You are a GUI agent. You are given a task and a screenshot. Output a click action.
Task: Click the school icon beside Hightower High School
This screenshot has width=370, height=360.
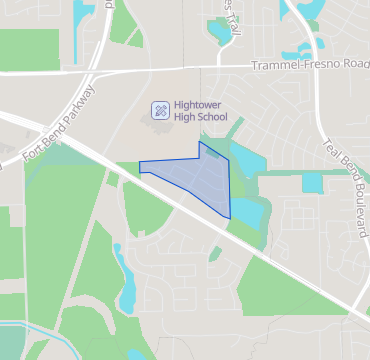(160, 109)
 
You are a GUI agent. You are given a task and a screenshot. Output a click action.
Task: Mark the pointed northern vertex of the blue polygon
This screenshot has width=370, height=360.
(200, 142)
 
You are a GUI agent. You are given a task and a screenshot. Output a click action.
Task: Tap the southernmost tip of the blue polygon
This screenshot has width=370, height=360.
(230, 218)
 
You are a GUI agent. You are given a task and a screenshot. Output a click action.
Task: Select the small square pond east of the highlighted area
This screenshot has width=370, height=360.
(312, 183)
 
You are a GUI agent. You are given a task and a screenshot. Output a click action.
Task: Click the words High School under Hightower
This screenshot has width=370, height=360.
(200, 117)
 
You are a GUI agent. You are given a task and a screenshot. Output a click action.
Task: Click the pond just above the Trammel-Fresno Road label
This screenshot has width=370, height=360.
(300, 49)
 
